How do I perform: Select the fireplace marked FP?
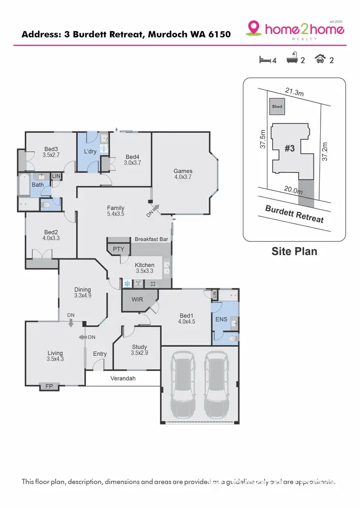48,386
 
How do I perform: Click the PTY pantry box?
118,249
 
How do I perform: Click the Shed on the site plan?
277,106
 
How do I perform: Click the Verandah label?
124,378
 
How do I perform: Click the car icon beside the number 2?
320,60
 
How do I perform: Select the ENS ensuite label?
221,319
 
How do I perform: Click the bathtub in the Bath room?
24,185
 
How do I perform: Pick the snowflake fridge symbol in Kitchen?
127,284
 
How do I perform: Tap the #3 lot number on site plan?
289,149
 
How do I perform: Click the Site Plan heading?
294,251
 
